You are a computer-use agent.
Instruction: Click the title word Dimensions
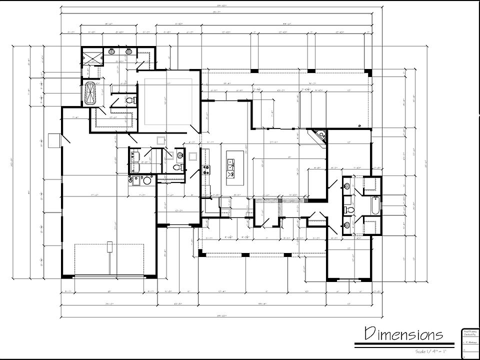(403, 333)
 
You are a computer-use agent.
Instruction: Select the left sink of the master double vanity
(111, 51)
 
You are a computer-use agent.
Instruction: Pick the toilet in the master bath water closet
(130, 100)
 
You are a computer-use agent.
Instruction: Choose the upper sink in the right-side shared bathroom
(347, 187)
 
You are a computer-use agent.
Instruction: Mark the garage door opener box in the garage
(109, 246)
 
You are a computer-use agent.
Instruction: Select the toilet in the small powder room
(176, 167)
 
